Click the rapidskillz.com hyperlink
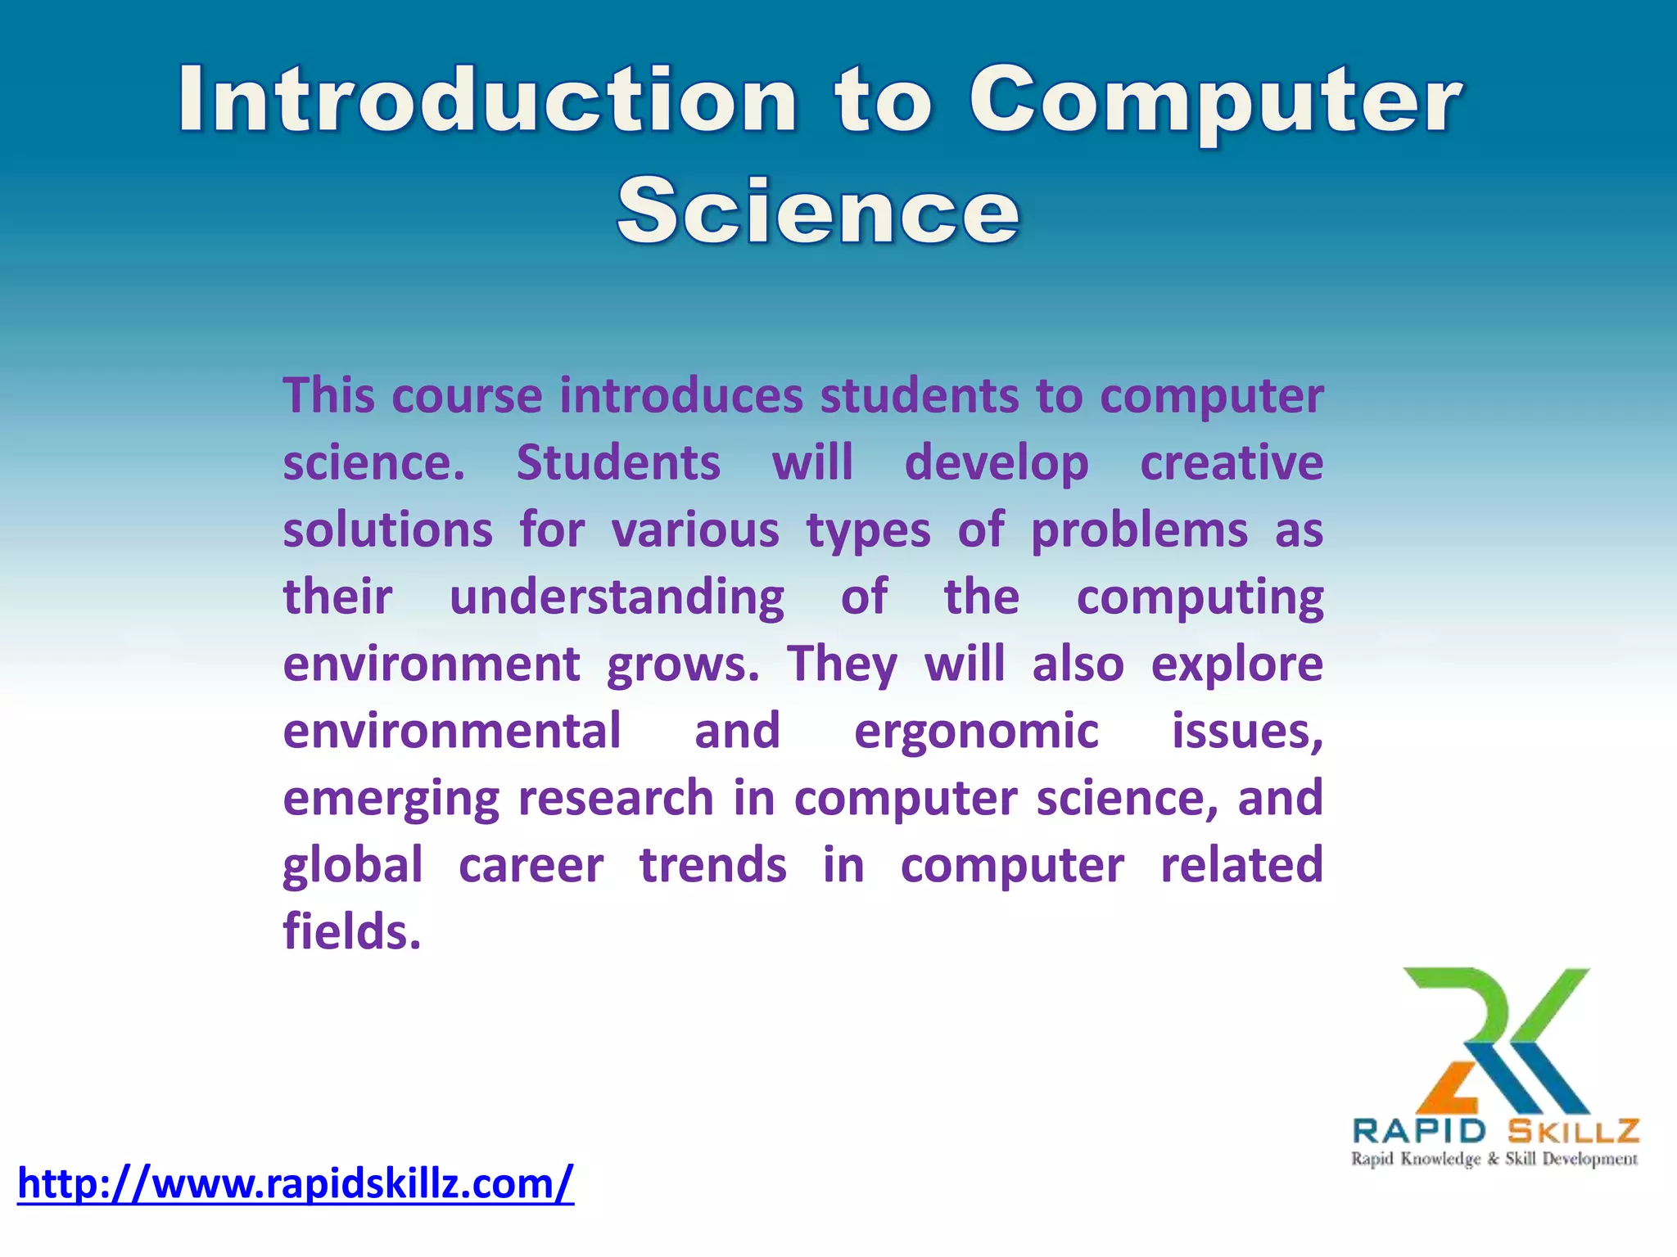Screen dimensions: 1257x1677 (x=296, y=1183)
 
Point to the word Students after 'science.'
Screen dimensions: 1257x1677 (x=618, y=463)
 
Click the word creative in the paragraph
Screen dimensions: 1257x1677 (x=1232, y=463)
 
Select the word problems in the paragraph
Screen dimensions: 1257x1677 (x=1139, y=532)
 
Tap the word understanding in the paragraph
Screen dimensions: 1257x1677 (x=617, y=597)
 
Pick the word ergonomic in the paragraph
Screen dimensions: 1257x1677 (x=976, y=732)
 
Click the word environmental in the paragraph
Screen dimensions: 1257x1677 (x=452, y=732)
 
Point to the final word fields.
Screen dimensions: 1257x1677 (x=351, y=933)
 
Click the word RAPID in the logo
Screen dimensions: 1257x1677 (x=1419, y=1131)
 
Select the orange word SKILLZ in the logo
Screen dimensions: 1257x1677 (x=1573, y=1131)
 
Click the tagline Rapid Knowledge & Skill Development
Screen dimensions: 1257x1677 (x=1494, y=1159)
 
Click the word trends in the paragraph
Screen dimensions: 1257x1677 (x=712, y=866)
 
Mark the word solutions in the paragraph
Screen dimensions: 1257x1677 (x=387, y=530)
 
